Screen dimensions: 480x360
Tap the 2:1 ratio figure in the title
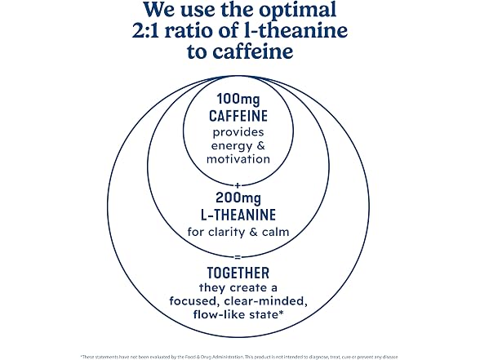pyautogui.click(x=145, y=31)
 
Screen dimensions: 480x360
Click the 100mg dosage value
pyautogui.click(x=238, y=100)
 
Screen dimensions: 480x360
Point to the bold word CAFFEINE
pyautogui.click(x=238, y=116)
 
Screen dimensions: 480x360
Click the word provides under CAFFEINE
pyautogui.click(x=238, y=133)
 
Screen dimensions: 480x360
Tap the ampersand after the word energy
pyautogui.click(x=261, y=145)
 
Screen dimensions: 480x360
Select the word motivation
pyautogui.click(x=238, y=159)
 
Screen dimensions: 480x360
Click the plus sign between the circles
pyautogui.click(x=238, y=185)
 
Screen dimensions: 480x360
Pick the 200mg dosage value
pyautogui.click(x=238, y=198)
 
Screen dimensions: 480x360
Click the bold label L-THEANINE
pyautogui.click(x=238, y=215)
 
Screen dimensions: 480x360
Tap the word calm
pyautogui.click(x=276, y=232)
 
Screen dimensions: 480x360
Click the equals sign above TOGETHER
pyautogui.click(x=238, y=257)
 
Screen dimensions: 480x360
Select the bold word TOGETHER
pyautogui.click(x=238, y=273)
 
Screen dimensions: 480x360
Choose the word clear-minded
pyautogui.click(x=266, y=301)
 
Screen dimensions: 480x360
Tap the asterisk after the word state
pyautogui.click(x=280, y=312)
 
